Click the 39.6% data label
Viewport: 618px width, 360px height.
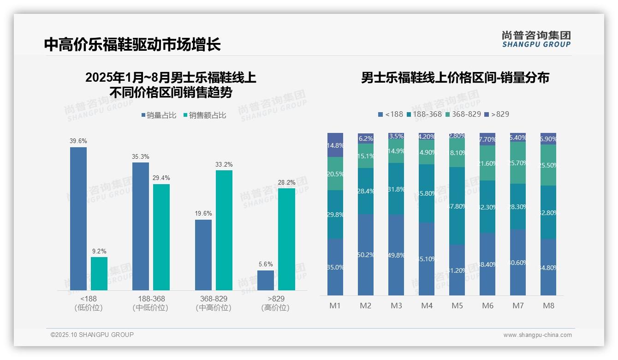[x=78, y=141]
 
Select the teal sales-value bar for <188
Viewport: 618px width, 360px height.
[x=99, y=273]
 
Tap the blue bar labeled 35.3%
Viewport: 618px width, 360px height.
[x=141, y=226]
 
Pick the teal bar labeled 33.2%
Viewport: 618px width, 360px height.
[x=224, y=230]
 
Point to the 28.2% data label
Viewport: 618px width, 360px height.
[x=286, y=182]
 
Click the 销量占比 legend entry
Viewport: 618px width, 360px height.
[x=159, y=115]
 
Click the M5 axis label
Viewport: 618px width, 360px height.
[x=457, y=306]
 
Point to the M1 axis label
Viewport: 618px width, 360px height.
[x=335, y=306]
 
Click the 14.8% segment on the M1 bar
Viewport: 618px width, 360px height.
[x=335, y=145]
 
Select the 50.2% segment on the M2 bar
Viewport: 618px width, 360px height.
[x=366, y=255]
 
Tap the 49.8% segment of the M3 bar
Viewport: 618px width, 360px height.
[x=396, y=255]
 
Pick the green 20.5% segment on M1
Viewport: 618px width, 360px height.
[x=335, y=174]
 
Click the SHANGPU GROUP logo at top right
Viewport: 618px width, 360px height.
[x=536, y=39]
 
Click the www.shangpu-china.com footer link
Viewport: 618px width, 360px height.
[x=537, y=335]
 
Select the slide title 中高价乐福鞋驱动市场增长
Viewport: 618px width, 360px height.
[x=132, y=44]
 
